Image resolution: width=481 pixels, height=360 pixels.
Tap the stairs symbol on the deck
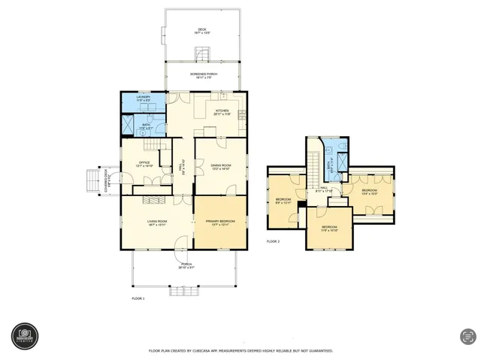201,54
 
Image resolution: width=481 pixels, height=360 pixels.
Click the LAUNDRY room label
144,98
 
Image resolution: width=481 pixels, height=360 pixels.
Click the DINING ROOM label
221,166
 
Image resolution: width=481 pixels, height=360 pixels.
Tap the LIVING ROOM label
157,222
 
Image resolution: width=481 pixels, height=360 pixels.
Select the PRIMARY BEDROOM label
220,222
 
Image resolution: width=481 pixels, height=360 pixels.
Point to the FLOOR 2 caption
273,241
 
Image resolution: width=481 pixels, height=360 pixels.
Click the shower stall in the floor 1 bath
129,125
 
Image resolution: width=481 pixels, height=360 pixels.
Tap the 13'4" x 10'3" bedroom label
369,192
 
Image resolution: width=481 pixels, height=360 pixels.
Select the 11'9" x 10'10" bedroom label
329,228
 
